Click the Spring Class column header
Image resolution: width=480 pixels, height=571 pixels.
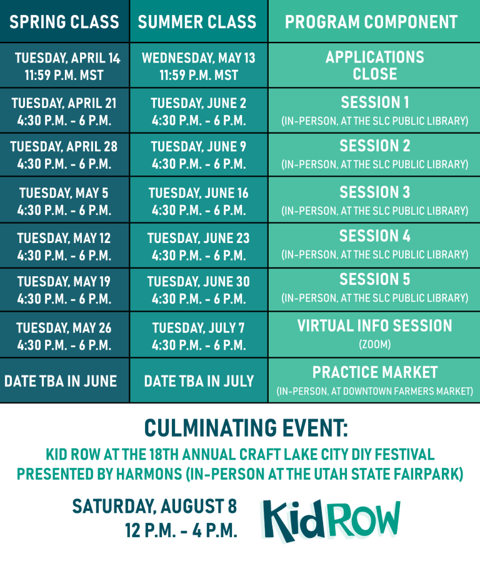(x=64, y=22)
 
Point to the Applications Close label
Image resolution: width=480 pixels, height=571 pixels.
(x=375, y=66)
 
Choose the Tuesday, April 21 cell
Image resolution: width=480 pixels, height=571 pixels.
(x=64, y=111)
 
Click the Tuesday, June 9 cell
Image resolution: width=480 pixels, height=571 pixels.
(x=199, y=155)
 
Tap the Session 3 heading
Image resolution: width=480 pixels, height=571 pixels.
(x=375, y=192)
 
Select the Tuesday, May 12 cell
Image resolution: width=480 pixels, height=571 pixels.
(x=64, y=247)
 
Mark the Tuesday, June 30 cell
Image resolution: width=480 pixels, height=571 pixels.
(x=199, y=290)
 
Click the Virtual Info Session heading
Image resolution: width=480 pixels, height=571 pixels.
(x=375, y=325)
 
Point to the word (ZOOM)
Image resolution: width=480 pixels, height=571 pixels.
(x=375, y=344)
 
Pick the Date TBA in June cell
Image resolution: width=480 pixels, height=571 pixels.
(x=61, y=381)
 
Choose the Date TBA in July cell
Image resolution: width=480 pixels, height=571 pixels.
(x=199, y=381)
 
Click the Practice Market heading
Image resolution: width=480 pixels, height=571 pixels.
(x=375, y=372)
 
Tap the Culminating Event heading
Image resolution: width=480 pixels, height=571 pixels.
(x=246, y=428)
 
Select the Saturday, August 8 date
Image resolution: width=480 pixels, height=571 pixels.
(x=155, y=507)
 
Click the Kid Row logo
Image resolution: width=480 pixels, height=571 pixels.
(x=331, y=521)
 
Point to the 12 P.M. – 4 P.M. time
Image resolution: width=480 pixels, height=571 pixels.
(x=181, y=530)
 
